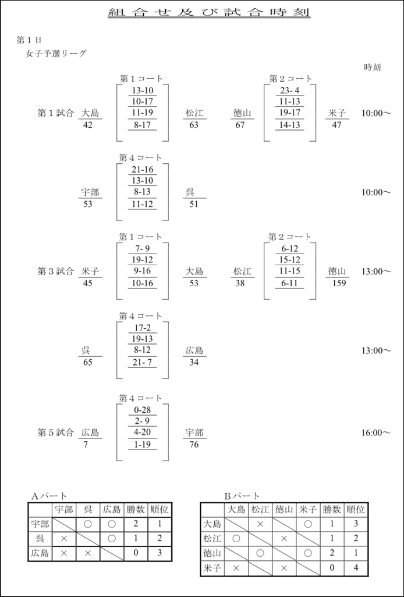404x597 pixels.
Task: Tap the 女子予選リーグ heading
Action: (56, 53)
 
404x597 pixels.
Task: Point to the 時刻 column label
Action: (372, 68)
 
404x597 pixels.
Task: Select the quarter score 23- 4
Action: (290, 90)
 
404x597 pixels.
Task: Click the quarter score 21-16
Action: (142, 170)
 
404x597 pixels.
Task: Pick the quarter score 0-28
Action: (142, 410)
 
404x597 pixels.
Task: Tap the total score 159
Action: (339, 283)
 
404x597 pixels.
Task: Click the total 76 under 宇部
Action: (194, 444)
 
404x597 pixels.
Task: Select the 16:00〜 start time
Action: (376, 433)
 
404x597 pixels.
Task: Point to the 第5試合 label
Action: (55, 433)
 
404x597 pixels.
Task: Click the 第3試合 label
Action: (55, 272)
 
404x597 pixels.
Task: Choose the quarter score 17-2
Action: (142, 328)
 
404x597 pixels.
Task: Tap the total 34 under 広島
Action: (194, 362)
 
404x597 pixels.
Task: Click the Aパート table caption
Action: (49, 496)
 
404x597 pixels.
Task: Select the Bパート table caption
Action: (242, 496)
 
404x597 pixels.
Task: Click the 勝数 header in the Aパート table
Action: (136, 509)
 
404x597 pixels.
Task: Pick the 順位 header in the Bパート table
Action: (356, 509)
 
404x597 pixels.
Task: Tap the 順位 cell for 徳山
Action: (356, 553)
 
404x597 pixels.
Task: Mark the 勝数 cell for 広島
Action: (136, 553)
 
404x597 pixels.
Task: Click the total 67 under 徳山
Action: (240, 125)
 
